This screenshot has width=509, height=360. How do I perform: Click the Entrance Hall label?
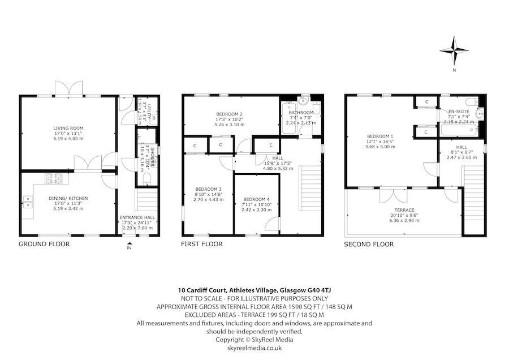[x=136, y=222]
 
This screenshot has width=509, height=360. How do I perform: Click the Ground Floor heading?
[x=44, y=245]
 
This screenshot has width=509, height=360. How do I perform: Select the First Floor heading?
[x=201, y=245]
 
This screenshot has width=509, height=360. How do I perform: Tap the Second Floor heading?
[x=369, y=245]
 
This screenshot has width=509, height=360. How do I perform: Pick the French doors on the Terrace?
[x=389, y=195]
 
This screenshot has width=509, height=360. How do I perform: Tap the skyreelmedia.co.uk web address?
[x=254, y=348]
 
